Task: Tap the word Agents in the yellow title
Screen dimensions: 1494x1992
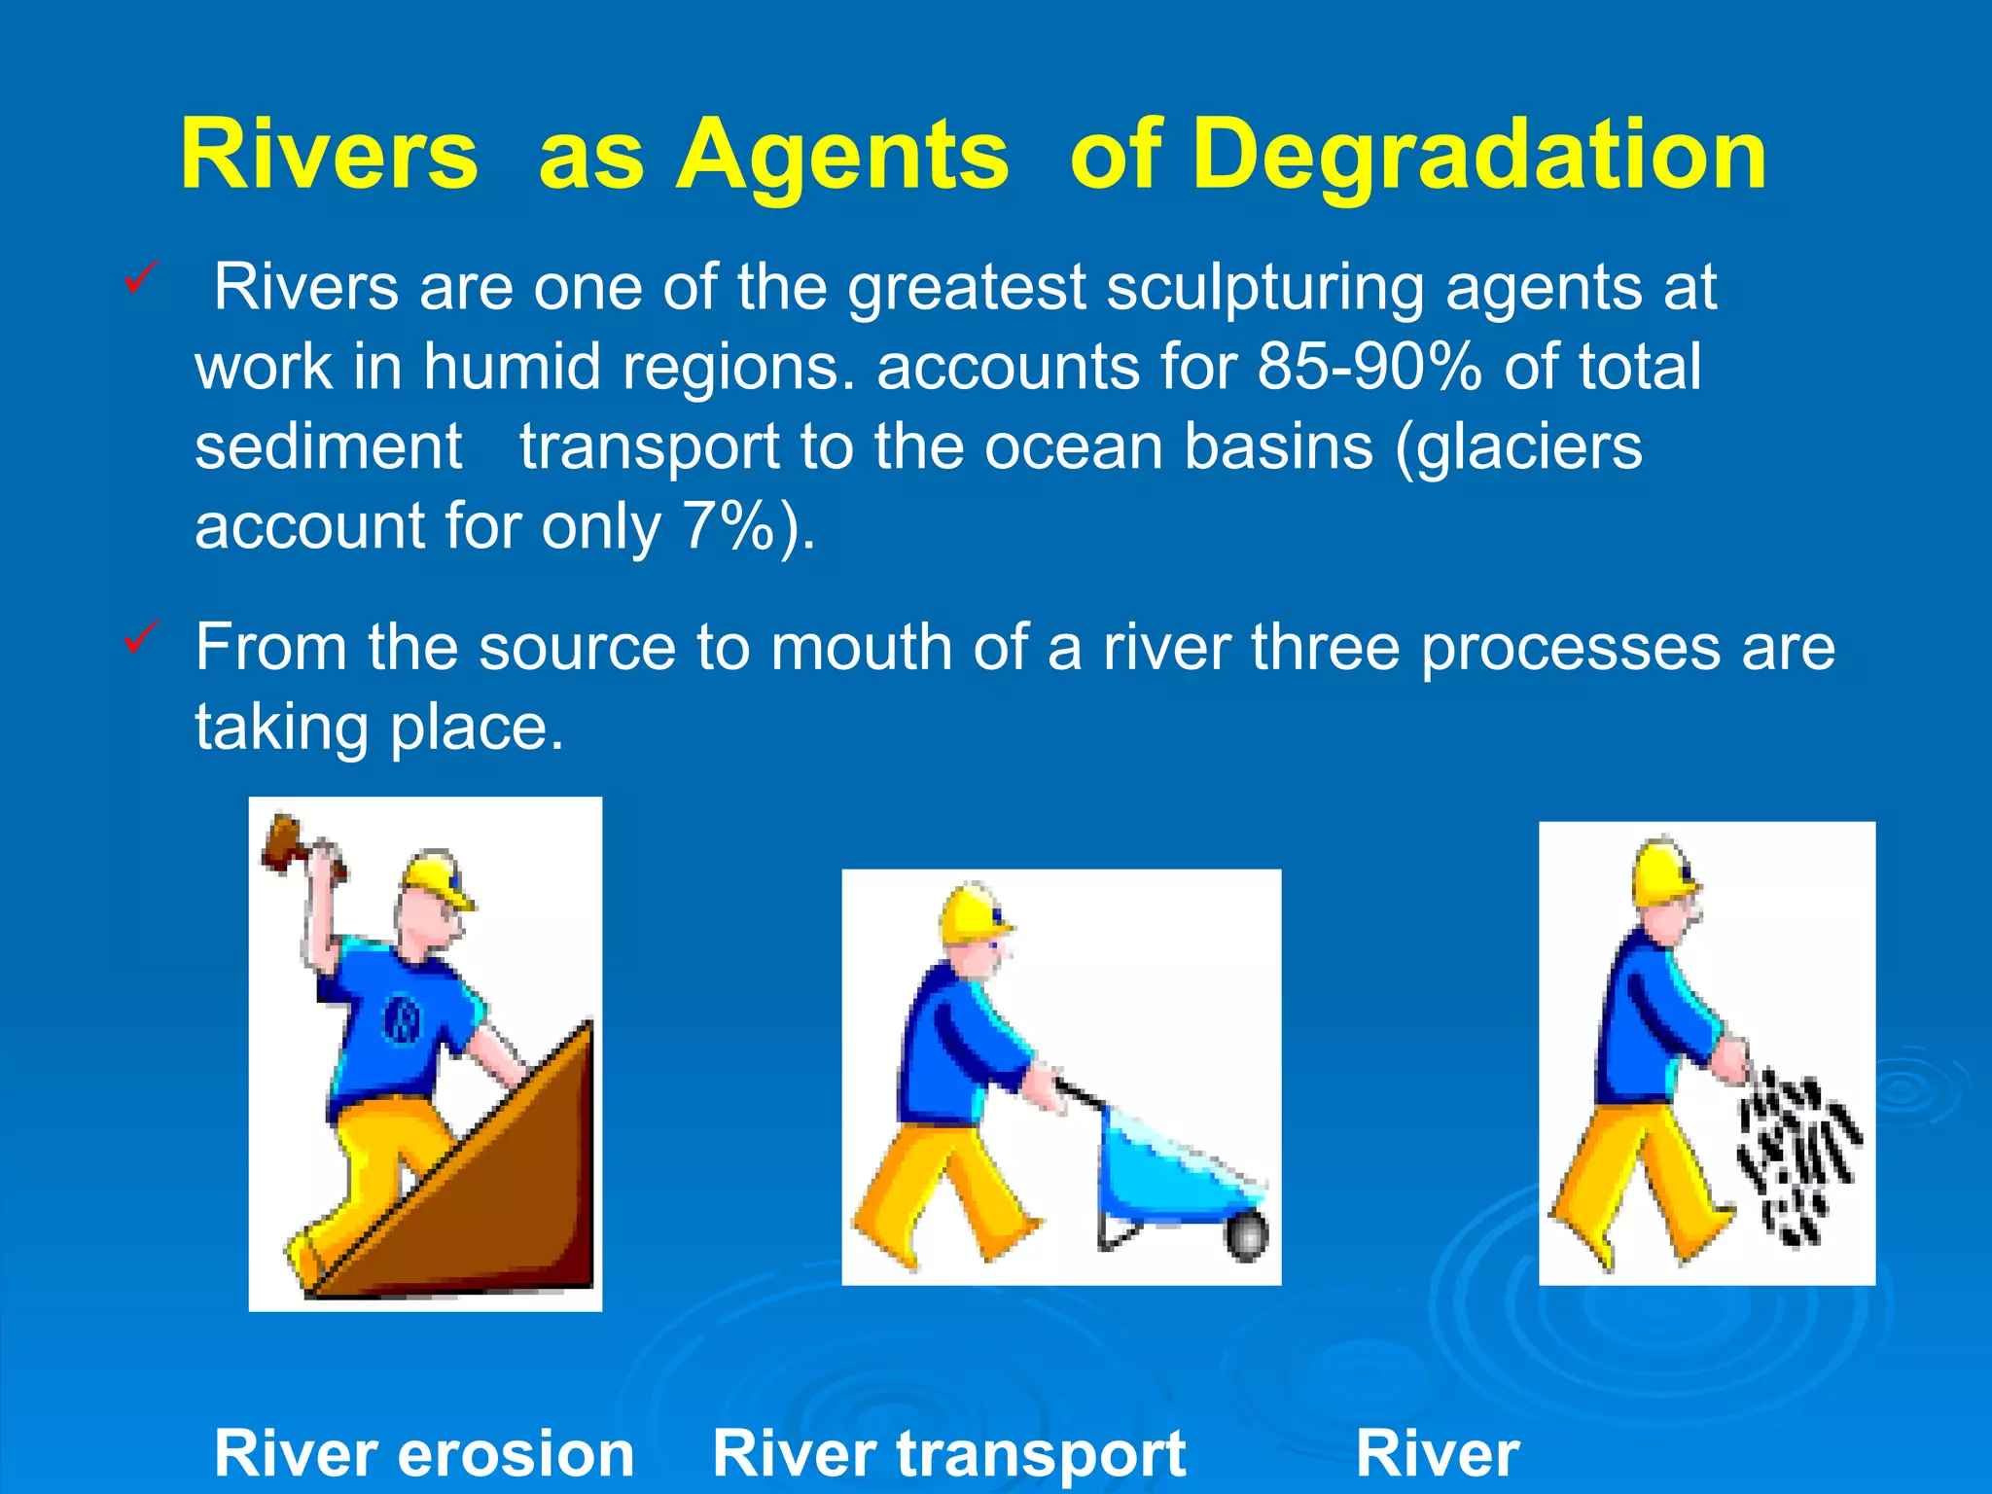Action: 842,156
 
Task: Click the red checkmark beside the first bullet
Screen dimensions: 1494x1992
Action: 138,281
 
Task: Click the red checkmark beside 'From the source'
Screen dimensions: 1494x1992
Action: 138,639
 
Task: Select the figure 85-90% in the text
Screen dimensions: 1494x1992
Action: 1369,367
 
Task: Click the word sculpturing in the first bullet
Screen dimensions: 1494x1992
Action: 1264,288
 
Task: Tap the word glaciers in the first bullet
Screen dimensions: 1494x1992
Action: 1527,447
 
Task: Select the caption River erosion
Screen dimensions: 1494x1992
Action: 424,1453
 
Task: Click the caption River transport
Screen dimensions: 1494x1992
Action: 949,1453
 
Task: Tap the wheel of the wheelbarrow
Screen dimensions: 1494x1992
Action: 1246,1237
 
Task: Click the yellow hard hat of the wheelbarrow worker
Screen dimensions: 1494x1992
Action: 973,914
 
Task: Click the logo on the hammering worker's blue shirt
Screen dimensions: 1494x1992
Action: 402,1019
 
